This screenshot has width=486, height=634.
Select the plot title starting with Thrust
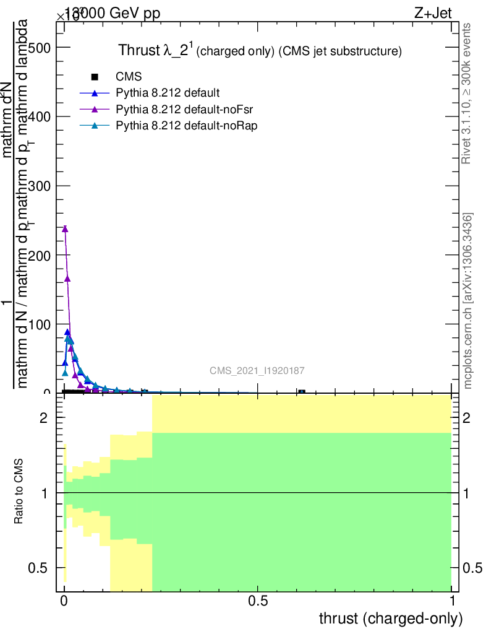coord(260,51)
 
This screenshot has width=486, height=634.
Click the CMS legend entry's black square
coord(95,77)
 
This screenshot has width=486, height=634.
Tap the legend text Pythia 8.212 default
coord(168,93)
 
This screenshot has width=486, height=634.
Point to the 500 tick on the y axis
coord(39,48)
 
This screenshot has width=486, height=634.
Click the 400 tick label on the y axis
coord(39,116)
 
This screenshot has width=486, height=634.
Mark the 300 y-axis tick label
coord(39,186)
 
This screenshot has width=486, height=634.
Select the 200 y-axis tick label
coord(39,254)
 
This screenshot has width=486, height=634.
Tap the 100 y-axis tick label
coord(39,324)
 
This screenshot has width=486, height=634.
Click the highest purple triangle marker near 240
coord(65,229)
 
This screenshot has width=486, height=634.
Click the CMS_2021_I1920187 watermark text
coord(257,370)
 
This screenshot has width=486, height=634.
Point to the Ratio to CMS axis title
coord(19,493)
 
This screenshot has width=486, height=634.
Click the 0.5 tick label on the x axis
coord(257,600)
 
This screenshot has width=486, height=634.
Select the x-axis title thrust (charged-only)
coord(390,618)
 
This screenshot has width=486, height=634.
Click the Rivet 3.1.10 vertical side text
coord(467,93)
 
